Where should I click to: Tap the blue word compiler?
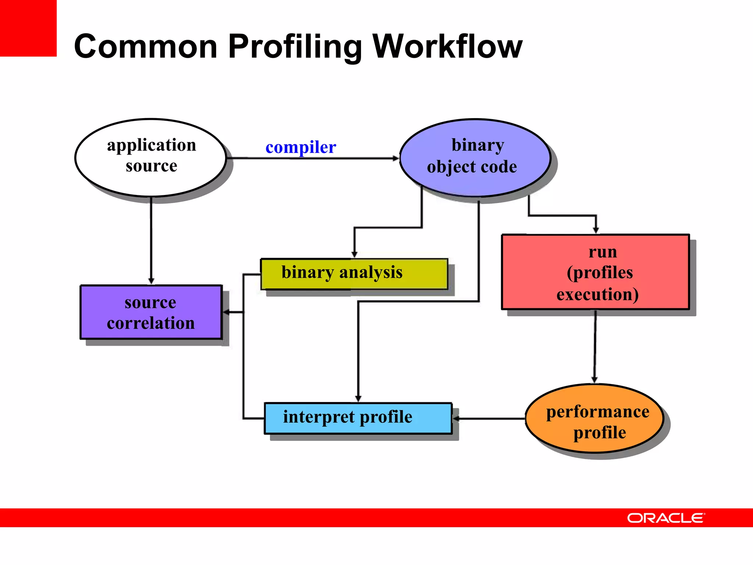[300, 147]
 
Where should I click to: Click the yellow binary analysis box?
[354, 274]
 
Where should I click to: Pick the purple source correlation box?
[151, 312]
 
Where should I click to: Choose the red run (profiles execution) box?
[595, 272]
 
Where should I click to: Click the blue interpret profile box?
[358, 418]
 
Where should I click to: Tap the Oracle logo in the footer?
[666, 518]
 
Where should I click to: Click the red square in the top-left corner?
[28, 28]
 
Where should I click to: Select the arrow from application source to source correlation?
[151, 239]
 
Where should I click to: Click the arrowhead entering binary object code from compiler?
[396, 158]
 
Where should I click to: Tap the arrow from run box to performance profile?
[595, 346]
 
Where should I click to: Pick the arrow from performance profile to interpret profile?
[489, 419]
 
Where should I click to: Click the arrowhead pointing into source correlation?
[226, 312]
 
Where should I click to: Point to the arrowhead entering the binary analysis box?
[354, 254]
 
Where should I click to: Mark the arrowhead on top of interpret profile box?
[358, 399]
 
